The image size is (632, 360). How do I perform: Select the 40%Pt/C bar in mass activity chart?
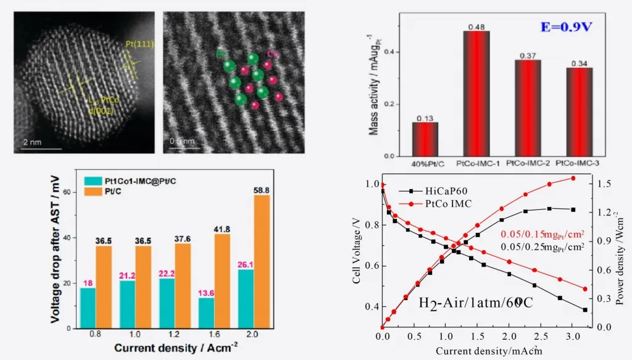pos(425,138)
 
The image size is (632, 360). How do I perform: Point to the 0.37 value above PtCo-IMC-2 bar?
pos(527,56)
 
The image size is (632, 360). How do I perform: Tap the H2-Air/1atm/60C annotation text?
pos(475,303)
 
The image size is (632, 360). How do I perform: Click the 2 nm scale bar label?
pos(32,143)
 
